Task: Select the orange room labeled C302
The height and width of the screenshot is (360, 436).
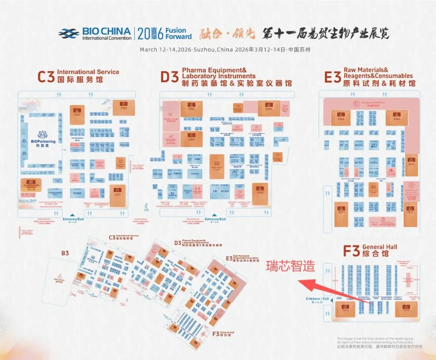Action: point(77,112)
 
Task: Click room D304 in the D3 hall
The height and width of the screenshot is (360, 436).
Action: point(191,138)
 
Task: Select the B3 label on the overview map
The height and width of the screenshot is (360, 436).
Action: point(65,253)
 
